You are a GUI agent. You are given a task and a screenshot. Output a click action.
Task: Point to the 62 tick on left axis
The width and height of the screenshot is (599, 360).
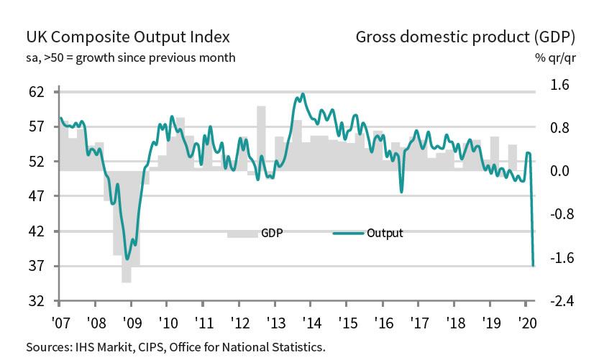(37, 92)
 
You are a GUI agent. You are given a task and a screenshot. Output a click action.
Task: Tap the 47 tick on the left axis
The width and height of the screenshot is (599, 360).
(37, 196)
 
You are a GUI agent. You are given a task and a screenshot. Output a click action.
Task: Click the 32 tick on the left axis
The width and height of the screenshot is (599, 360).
(37, 301)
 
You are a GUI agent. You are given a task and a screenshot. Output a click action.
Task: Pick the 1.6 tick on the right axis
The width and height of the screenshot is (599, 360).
(559, 86)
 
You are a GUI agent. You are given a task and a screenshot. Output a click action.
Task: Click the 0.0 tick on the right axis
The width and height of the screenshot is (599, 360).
(559, 171)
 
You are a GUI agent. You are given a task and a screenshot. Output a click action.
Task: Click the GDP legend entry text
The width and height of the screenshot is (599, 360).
(272, 233)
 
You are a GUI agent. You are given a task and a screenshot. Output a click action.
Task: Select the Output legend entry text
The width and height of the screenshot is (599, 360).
(385, 233)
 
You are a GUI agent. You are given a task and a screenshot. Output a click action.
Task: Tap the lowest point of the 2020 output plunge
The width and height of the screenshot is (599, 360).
(533, 266)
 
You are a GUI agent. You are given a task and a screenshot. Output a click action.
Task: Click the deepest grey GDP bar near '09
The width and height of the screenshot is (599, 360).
(127, 227)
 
